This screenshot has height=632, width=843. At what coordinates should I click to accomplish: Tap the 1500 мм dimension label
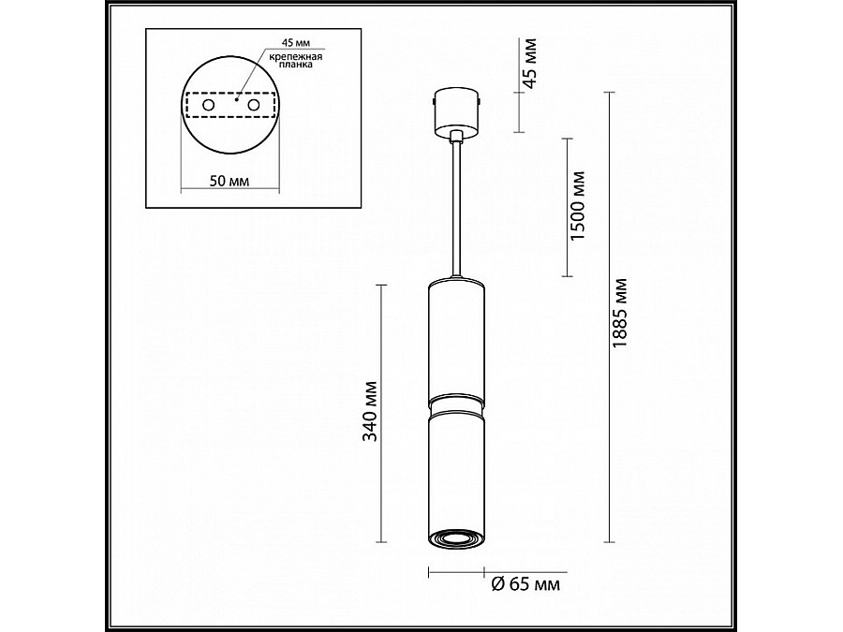point(578,207)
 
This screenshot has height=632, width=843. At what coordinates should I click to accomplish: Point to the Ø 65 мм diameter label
point(525,584)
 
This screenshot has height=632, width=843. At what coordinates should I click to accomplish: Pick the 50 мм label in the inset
point(229,181)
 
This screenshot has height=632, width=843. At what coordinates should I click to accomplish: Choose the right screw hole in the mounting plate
point(252,107)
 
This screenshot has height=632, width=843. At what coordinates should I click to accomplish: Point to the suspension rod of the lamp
point(456,206)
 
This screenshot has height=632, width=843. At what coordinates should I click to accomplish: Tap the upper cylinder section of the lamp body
point(456,337)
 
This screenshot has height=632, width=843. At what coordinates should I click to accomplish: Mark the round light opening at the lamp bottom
point(456,537)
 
